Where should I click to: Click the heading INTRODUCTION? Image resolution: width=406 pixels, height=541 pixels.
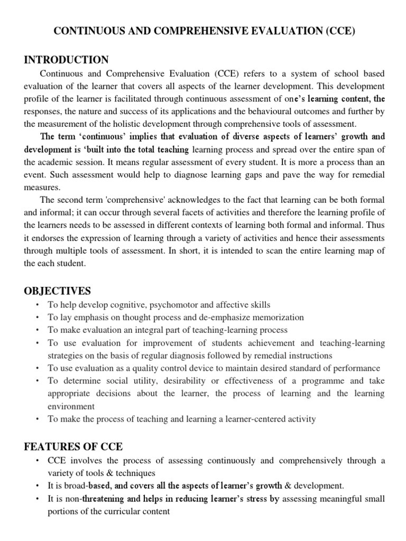[67, 60]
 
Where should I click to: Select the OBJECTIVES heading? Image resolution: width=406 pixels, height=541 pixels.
[58, 291]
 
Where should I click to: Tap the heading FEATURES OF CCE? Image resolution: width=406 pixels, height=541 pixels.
[73, 446]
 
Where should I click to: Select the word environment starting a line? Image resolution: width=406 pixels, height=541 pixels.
[71, 406]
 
